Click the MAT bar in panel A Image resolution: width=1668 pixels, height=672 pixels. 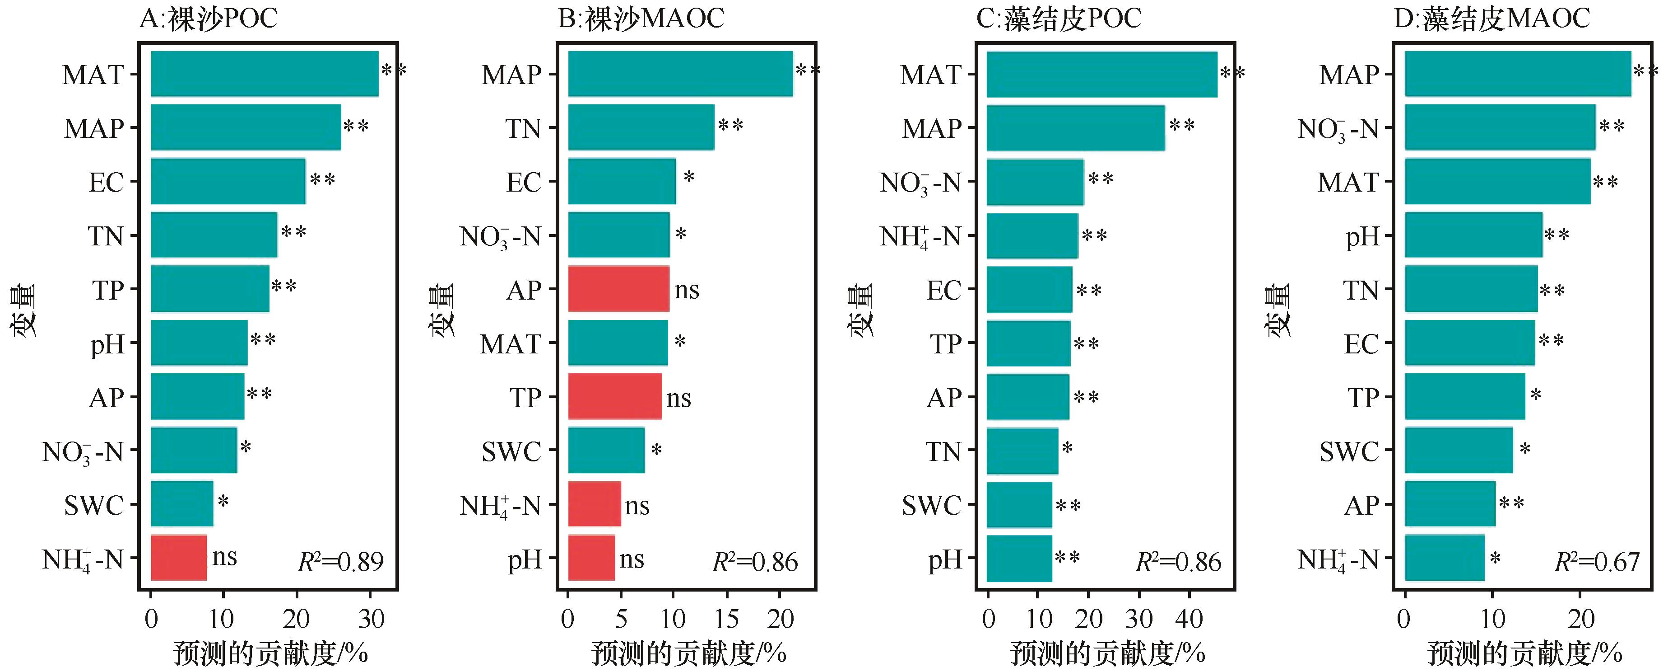pos(264,74)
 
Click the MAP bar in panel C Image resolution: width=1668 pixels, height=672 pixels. pos(1076,127)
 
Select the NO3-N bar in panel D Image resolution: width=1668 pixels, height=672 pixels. pos(1500,127)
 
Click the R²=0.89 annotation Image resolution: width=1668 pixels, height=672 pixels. pos(340,562)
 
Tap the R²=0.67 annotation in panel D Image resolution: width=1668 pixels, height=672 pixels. pos(1597,562)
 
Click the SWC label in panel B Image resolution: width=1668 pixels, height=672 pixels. pos(511,451)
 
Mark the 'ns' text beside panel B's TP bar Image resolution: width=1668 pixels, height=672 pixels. pos(678,398)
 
